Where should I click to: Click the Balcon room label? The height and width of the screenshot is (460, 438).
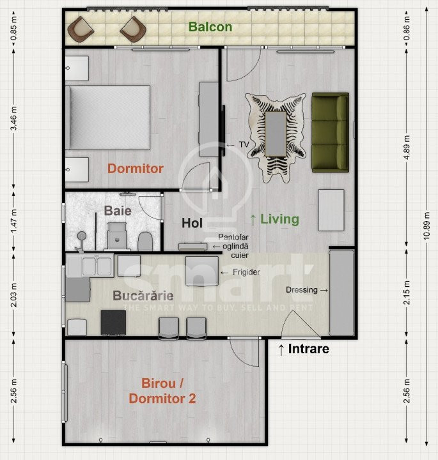pos(210,27)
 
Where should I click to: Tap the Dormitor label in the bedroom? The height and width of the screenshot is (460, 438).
pos(135,169)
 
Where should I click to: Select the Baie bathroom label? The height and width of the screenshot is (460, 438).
pos(118,210)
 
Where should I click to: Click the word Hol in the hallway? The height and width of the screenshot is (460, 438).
pos(192,223)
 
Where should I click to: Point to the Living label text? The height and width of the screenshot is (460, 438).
pos(280,219)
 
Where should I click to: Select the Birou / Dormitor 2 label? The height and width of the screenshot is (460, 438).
pos(162,391)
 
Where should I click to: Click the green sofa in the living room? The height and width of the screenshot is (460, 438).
pos(330,132)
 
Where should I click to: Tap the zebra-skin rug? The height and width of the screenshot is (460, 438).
pos(276,134)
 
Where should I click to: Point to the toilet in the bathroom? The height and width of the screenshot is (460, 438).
pos(145,241)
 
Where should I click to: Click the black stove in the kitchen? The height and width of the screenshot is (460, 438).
pos(113,322)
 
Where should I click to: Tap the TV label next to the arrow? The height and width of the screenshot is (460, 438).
pos(244,144)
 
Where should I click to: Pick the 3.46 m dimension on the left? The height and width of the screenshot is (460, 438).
pos(13,118)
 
